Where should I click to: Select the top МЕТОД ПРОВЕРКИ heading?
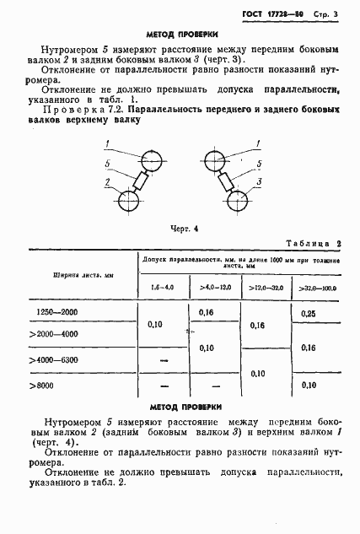click(182, 35)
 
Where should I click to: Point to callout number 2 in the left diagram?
click(108, 182)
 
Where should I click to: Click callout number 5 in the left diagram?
click(107, 164)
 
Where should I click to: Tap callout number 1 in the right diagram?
click(259, 146)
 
